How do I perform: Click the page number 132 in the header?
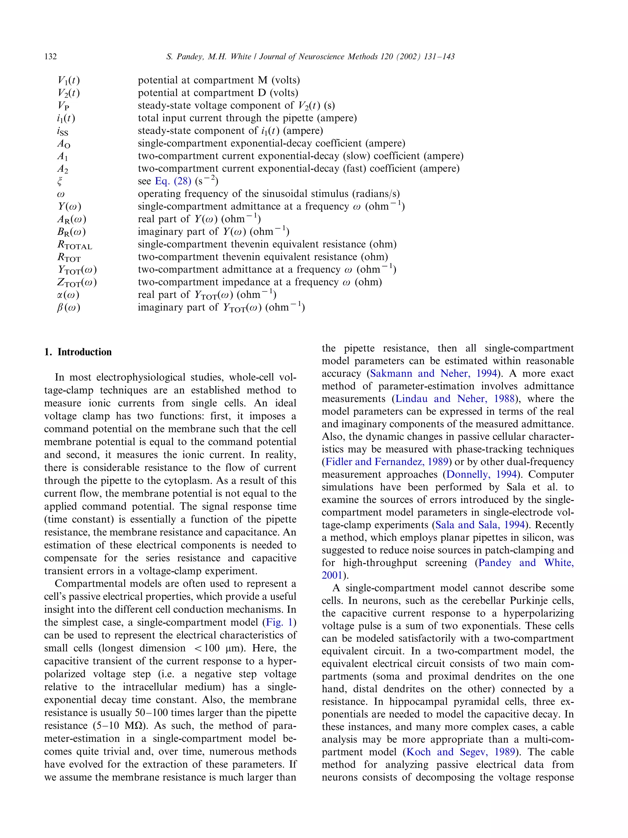coord(50,57)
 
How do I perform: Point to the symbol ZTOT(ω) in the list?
coord(77,283)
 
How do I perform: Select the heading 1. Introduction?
coord(78,352)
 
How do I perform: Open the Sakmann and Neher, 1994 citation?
coord(433,373)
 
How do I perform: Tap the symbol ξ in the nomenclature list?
coord(59,182)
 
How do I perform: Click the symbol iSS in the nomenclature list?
coord(63,132)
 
